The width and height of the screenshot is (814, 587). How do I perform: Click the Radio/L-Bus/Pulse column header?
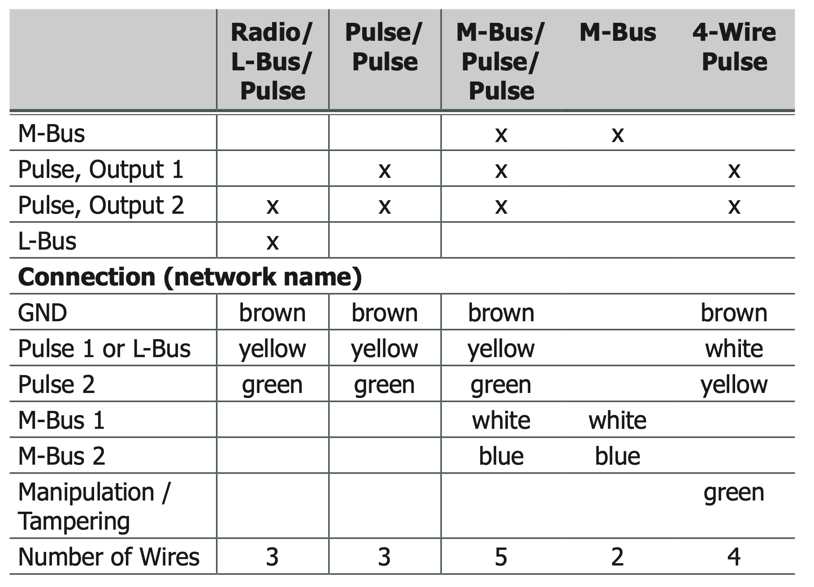pos(272,61)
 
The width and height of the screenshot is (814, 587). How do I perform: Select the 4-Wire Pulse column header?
pos(734,47)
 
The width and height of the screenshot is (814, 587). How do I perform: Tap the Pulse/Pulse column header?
pos(384,47)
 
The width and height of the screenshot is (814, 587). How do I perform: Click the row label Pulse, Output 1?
pos(101,169)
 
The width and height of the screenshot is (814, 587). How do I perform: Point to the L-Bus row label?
pos(47,241)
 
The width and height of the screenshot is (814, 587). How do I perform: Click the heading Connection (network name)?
pos(190,277)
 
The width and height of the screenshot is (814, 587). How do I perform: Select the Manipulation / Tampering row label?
pos(94,506)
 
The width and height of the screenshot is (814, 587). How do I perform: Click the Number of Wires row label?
pos(108,557)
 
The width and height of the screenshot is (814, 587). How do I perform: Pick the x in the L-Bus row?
pos(273,242)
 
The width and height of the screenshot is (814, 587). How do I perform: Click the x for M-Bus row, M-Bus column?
pos(618,134)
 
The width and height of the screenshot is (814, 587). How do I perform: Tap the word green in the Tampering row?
pos(734,493)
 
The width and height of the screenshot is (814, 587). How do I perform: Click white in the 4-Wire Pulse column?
pos(734,349)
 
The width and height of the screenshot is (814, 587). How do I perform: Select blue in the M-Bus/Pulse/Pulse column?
pos(501,456)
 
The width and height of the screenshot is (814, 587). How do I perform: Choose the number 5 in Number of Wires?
pos(501,557)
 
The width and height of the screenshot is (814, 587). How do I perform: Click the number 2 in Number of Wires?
pos(617,557)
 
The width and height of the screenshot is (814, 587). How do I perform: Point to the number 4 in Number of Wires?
pos(734,557)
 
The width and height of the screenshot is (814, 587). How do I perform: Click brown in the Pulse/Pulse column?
pos(385,313)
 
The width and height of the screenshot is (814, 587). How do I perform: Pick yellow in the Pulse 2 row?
pos(734,384)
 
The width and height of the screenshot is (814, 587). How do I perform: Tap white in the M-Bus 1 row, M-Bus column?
pos(617,420)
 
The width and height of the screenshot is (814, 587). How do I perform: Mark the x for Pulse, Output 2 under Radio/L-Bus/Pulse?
pos(273,206)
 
